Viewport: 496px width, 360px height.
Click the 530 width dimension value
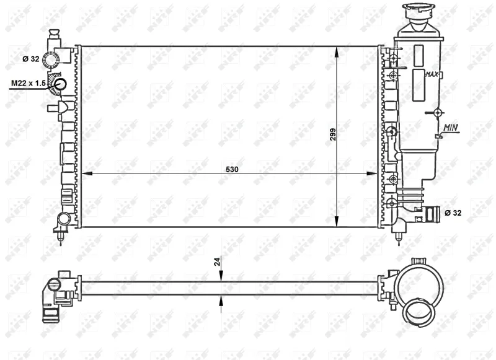pos(232,169)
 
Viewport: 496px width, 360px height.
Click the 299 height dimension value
pos(333,134)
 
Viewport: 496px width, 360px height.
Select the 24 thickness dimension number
pos(217,261)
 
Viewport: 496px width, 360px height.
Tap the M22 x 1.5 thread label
pos(29,83)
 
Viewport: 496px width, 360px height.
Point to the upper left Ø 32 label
pos(30,58)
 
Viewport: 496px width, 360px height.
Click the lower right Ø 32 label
pos(453,213)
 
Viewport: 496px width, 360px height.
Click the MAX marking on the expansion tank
pos(432,74)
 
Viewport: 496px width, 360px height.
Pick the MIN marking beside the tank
pos(451,128)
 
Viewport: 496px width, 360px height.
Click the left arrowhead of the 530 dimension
pos(87,173)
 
